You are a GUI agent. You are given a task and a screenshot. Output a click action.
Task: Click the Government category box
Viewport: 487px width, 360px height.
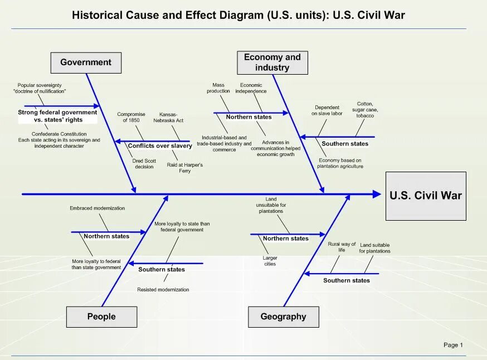click(x=86, y=62)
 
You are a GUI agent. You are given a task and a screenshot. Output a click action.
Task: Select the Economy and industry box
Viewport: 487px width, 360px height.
click(x=272, y=62)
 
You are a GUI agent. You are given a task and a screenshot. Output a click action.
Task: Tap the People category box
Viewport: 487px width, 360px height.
click(x=101, y=317)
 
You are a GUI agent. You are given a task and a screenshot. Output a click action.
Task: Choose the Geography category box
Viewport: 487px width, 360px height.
click(x=284, y=317)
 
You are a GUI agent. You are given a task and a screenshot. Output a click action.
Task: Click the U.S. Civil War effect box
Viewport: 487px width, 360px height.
click(x=426, y=196)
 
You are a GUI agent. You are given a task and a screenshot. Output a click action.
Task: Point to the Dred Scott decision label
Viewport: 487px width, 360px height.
click(x=144, y=163)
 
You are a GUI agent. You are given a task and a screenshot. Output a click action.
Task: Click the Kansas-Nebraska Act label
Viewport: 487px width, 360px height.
click(x=172, y=117)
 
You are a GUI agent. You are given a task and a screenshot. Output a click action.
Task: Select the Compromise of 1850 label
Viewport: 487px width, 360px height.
click(x=131, y=117)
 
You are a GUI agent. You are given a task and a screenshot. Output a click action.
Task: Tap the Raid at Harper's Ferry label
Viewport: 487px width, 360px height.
click(x=185, y=168)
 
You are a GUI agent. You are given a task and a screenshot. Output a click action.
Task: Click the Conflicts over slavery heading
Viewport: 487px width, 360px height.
click(x=160, y=146)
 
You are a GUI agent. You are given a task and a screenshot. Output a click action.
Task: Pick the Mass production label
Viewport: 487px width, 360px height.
click(x=218, y=88)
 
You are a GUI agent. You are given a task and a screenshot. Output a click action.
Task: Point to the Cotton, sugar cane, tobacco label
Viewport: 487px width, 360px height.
click(x=365, y=110)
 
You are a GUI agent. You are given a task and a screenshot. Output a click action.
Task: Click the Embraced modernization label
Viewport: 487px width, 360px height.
click(x=97, y=208)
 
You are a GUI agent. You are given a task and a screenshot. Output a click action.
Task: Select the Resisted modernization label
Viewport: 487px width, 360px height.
click(x=163, y=290)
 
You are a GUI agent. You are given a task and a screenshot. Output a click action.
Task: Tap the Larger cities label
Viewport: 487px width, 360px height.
click(x=270, y=261)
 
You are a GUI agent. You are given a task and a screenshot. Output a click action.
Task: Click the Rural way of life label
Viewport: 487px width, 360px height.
click(x=342, y=247)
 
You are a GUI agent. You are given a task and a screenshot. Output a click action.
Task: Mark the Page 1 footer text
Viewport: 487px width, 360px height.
click(x=453, y=345)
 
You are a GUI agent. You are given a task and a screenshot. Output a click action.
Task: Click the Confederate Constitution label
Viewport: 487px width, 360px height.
click(x=59, y=134)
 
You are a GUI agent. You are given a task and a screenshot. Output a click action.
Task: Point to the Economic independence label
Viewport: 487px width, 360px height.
click(x=251, y=88)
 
